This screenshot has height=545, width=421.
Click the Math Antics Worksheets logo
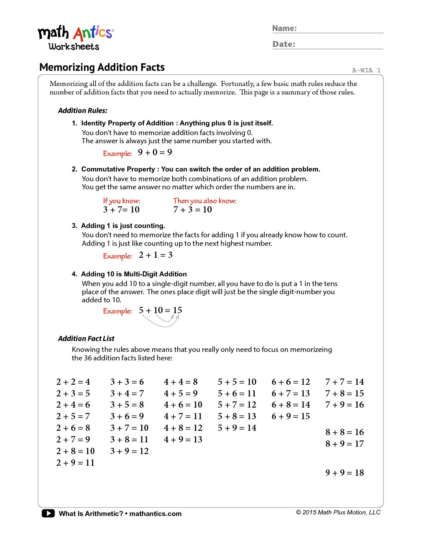tap(75, 38)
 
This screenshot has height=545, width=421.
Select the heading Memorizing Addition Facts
tap(102, 67)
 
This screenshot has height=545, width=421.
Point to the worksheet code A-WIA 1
tap(366, 70)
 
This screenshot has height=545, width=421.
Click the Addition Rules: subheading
tap(83, 111)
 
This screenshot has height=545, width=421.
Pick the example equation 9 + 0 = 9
tap(155, 153)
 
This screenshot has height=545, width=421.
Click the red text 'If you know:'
tap(122, 201)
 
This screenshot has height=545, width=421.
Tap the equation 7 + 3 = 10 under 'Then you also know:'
tap(192, 210)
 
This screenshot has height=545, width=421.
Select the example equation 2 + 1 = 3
tap(156, 255)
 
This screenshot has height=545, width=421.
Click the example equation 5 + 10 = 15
tap(160, 310)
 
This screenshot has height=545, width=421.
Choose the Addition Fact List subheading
tap(86, 339)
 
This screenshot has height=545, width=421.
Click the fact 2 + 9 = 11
tap(75, 463)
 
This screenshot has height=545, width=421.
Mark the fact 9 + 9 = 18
tap(344, 473)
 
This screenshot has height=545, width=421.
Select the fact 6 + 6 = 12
tap(291, 382)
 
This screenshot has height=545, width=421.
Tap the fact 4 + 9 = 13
tap(183, 440)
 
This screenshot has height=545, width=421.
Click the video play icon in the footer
tap(48, 514)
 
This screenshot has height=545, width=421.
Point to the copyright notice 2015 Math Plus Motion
tap(338, 512)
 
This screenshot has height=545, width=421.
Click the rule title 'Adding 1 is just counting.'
tap(123, 226)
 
